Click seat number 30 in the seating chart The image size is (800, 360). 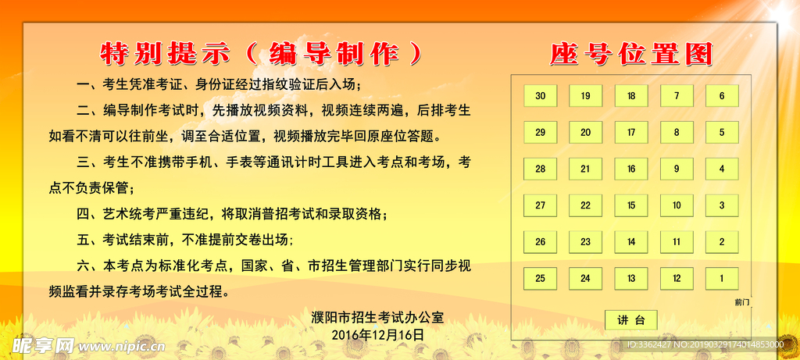[x=541, y=96]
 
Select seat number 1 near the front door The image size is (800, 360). [x=722, y=279]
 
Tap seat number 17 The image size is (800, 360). [x=631, y=133]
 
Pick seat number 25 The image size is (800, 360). [x=541, y=279]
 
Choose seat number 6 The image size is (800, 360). [x=722, y=96]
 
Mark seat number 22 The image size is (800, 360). [x=586, y=205]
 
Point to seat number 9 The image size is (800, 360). [x=677, y=169]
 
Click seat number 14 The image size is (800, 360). [x=631, y=242]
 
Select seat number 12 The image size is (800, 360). [x=677, y=279]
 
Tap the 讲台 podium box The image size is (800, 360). [x=631, y=320]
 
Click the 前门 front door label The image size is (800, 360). [x=742, y=302]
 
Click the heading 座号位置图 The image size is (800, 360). [x=630, y=55]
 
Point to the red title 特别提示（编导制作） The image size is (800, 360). [x=261, y=54]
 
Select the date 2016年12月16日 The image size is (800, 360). [x=377, y=335]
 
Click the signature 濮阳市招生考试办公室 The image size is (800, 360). [x=377, y=318]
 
